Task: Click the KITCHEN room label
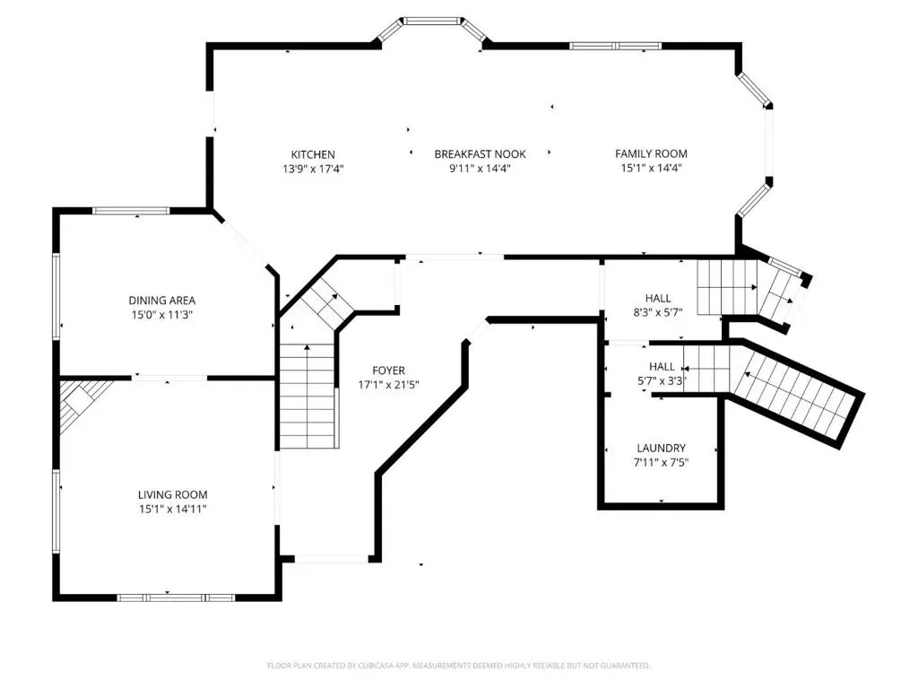313,154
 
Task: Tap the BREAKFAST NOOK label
481,154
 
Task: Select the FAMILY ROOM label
651,153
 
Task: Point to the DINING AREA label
162,301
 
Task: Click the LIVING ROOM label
173,495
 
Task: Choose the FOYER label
389,371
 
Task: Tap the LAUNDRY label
661,449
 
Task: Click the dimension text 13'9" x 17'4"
313,170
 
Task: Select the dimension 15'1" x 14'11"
173,510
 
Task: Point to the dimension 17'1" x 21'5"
389,385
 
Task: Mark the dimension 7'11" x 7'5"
662,462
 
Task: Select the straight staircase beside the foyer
308,397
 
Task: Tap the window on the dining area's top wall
131,211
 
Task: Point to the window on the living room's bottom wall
176,597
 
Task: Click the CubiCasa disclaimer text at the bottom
458,666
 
